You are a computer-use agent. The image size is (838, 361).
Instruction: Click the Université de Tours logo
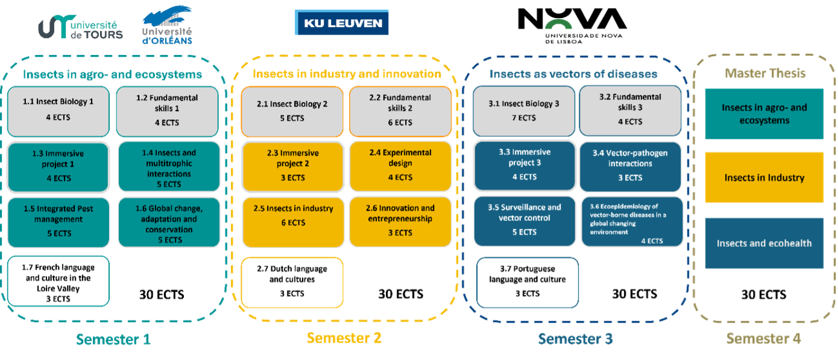[80, 25]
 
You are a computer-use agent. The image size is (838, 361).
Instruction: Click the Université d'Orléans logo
[167, 25]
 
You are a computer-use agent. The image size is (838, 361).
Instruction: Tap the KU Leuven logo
[342, 24]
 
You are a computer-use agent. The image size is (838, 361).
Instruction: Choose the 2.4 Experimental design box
[400, 164]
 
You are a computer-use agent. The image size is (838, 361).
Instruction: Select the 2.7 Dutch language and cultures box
[292, 281]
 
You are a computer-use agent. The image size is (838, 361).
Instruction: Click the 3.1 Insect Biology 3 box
[523, 110]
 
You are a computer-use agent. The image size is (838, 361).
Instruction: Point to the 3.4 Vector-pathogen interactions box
[630, 165]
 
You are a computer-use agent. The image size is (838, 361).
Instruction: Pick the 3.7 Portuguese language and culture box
[528, 281]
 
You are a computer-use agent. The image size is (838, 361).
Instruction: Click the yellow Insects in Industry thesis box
[764, 177]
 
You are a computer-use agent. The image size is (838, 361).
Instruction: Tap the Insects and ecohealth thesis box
[764, 243]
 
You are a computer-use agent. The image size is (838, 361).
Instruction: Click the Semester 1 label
[113, 339]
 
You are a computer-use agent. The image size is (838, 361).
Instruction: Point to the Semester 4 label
[763, 338]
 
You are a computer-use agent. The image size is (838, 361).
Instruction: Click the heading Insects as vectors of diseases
[573, 74]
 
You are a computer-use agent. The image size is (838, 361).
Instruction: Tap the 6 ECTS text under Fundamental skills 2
[400, 122]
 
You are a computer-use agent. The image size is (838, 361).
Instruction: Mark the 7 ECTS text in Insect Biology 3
[523, 118]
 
